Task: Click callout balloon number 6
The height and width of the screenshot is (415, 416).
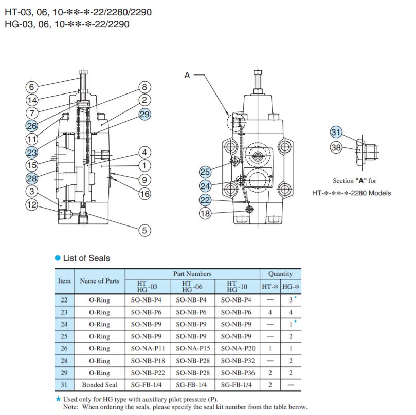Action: (32, 87)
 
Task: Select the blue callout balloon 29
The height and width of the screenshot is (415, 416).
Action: (144, 114)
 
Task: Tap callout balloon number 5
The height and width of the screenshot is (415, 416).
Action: (144, 230)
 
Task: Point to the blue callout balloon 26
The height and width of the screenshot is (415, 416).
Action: (32, 126)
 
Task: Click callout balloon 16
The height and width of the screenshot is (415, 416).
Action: (144, 194)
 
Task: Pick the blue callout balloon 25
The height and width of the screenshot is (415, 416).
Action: (205, 172)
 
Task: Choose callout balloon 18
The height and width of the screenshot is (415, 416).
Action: (205, 213)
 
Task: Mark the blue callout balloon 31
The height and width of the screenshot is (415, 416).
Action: (336, 132)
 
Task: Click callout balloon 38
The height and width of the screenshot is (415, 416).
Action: (336, 147)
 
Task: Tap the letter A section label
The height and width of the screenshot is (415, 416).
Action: (187, 76)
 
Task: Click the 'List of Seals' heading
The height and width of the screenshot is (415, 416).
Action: (86, 258)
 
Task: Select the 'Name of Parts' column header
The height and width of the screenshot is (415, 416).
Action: (99, 281)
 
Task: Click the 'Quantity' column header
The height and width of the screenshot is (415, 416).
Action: (280, 274)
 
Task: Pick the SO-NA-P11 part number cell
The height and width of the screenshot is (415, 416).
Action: (148, 348)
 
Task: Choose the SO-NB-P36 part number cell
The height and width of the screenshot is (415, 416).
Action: (238, 373)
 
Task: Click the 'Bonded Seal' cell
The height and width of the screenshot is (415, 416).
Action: (99, 385)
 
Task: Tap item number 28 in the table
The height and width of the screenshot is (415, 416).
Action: (64, 361)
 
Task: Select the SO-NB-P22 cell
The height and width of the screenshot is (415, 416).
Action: (148, 373)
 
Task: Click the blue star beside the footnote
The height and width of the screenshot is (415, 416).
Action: (58, 399)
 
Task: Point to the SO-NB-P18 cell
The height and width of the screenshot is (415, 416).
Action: (148, 361)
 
